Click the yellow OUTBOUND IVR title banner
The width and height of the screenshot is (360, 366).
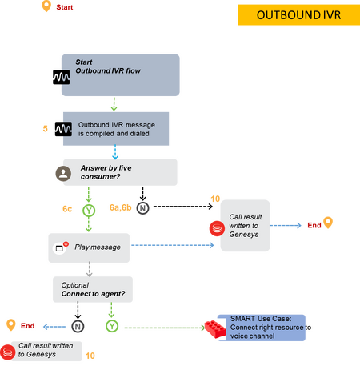click(x=299, y=15)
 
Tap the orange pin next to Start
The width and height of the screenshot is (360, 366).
click(x=46, y=6)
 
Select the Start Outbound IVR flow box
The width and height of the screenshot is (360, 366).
click(x=121, y=75)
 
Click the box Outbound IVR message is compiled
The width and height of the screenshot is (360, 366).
click(x=116, y=129)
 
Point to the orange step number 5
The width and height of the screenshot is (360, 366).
click(x=46, y=129)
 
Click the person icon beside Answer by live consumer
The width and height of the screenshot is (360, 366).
click(x=63, y=173)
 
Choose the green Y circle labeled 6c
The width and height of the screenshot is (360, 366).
click(x=89, y=211)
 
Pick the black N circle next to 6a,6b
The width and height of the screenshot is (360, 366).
click(x=142, y=208)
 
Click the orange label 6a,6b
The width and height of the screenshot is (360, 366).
click(x=121, y=207)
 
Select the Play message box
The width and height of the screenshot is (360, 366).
click(x=89, y=247)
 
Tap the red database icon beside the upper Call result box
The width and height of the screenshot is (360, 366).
click(x=217, y=228)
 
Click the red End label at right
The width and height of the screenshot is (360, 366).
click(x=314, y=225)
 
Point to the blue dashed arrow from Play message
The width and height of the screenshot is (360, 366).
click(x=173, y=245)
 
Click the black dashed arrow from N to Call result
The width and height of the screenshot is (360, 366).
click(x=183, y=207)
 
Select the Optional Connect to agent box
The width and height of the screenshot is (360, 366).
click(x=93, y=289)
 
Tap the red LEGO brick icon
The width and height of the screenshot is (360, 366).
click(x=215, y=328)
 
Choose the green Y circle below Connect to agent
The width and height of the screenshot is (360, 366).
click(x=112, y=326)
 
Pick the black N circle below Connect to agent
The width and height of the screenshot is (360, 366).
click(x=78, y=326)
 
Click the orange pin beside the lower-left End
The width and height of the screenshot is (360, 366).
click(x=11, y=324)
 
